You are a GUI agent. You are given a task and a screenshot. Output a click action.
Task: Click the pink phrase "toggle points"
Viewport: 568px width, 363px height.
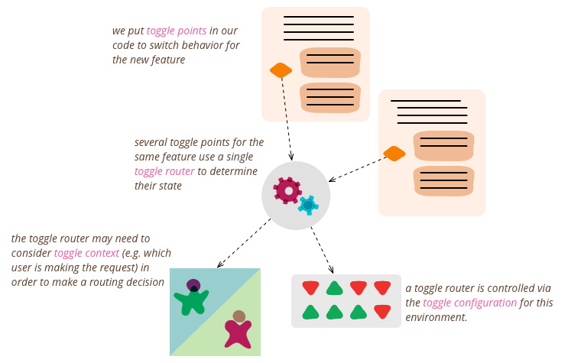(x=177, y=31)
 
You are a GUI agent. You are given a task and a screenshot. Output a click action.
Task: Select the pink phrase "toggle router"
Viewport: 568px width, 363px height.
(x=164, y=170)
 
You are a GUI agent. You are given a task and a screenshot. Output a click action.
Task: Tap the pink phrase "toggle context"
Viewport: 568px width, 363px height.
(x=86, y=253)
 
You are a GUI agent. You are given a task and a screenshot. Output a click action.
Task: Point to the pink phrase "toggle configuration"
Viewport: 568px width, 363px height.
(x=469, y=303)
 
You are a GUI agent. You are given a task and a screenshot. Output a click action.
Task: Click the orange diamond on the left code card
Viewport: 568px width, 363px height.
(x=281, y=70)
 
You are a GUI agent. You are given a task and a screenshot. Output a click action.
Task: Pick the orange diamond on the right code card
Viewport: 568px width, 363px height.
(x=394, y=154)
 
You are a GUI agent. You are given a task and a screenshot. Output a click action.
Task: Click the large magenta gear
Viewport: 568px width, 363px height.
(x=287, y=190)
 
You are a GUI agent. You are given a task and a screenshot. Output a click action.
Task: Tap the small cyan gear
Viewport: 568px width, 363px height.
(x=308, y=205)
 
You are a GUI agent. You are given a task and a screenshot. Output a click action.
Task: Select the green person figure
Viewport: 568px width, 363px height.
(x=191, y=299)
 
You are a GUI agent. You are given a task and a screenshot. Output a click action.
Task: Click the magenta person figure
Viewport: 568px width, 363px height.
(x=239, y=332)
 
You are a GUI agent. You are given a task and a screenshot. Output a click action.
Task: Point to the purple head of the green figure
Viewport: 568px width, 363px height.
(x=193, y=285)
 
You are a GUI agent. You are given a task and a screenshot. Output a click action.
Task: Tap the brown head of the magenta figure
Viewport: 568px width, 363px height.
(x=239, y=316)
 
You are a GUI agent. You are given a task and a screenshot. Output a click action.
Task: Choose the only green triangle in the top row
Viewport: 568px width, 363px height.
(x=334, y=288)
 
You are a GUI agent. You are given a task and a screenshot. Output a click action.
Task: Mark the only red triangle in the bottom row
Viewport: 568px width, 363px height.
(x=382, y=312)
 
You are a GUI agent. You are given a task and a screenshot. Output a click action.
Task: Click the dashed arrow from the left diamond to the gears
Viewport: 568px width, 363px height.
(x=287, y=118)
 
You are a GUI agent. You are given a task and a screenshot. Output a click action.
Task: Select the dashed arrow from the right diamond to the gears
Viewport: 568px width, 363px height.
(x=357, y=169)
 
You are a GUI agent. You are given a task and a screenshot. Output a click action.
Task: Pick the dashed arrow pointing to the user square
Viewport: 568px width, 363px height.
(x=244, y=243)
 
